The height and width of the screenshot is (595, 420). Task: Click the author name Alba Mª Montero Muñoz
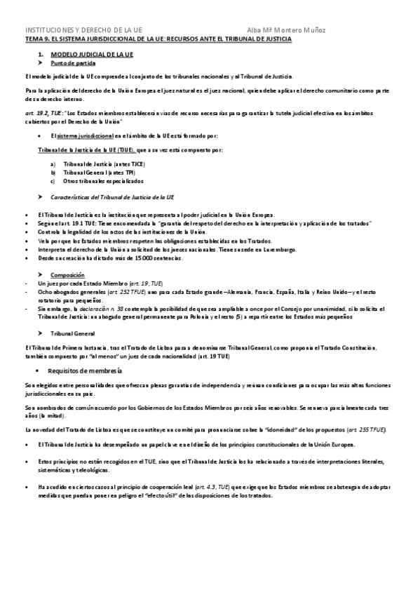point(286,30)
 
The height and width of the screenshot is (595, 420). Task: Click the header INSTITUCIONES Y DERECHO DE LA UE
point(83,30)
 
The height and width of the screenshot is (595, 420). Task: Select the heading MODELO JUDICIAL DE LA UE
point(87,54)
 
